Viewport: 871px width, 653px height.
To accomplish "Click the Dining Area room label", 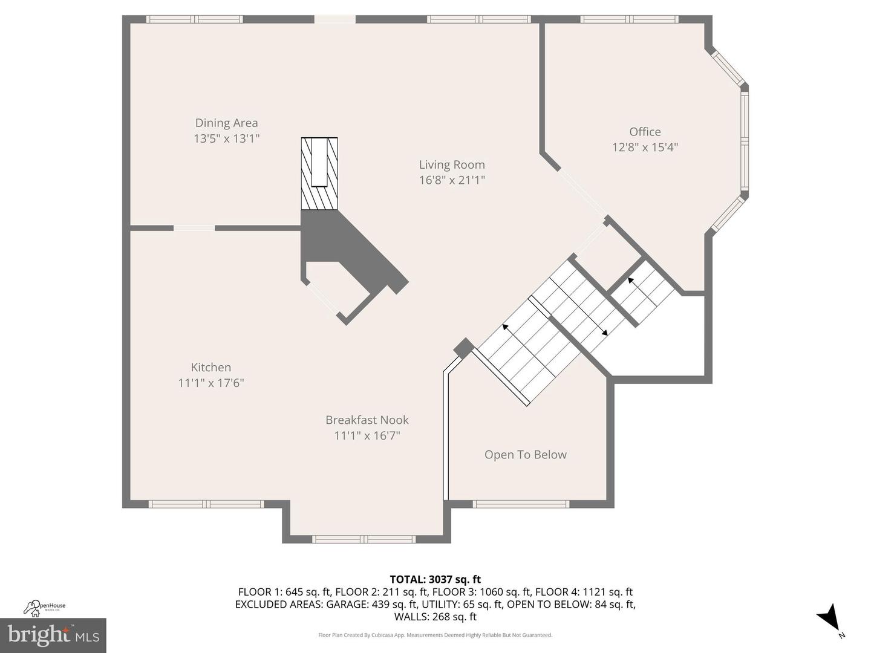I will tap(226, 123).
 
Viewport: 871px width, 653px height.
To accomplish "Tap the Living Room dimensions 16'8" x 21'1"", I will tap(452, 180).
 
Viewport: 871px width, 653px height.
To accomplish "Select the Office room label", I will tap(645, 132).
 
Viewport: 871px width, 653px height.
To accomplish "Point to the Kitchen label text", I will tap(210, 367).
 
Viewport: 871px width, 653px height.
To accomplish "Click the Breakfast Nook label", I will tap(367, 420).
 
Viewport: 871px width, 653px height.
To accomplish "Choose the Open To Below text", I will tap(525, 455).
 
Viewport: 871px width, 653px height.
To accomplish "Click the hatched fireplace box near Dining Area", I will tap(319, 173).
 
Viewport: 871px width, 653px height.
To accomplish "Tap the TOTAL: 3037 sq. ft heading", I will tap(435, 579).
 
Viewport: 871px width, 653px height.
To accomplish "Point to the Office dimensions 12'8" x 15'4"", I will tap(645, 147).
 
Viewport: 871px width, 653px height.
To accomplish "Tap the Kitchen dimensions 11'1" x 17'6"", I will tap(210, 383).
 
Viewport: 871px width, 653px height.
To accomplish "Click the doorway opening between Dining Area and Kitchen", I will tap(194, 228).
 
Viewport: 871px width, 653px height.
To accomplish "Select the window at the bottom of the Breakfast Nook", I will tap(364, 539).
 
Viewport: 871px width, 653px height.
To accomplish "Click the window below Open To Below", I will tap(521, 504).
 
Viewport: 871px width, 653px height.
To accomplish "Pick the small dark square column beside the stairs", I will tap(464, 348).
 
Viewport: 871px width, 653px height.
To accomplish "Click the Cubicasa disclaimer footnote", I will tap(435, 635).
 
